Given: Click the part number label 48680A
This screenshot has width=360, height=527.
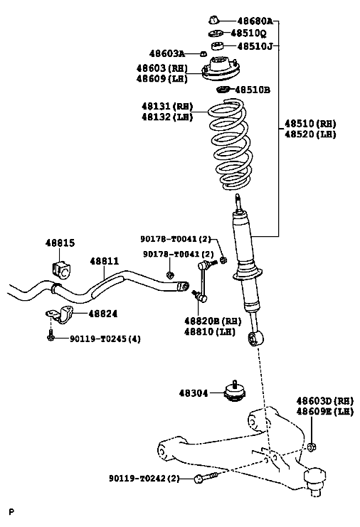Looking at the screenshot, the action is [255, 21].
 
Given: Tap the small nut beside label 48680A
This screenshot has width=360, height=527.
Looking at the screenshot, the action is [213, 20].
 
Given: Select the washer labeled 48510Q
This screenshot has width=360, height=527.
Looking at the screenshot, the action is [216, 33].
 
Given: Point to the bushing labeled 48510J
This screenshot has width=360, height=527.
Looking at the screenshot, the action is [218, 45].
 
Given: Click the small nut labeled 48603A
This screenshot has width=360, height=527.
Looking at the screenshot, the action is [203, 54].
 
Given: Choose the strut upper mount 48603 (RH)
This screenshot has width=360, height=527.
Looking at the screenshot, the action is [221, 69].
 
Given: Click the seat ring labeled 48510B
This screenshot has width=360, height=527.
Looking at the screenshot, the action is [223, 90].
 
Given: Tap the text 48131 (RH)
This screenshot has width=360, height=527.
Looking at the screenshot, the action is [167, 107].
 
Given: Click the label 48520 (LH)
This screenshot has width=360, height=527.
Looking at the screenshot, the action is [310, 134].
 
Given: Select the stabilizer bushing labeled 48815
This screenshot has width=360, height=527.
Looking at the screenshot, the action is [62, 268].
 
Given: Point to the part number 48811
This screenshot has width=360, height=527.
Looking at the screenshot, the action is [104, 261].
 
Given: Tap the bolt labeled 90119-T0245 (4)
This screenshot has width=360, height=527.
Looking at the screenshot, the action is [50, 336].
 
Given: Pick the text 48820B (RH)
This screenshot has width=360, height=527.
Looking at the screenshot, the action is [213, 321].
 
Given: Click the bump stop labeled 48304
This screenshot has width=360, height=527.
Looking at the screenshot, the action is [235, 392].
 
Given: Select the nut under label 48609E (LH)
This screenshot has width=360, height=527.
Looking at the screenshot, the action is [312, 447].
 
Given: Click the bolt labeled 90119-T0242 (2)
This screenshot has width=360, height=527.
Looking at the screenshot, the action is [206, 477].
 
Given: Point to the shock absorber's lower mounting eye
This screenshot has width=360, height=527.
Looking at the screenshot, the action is [256, 339].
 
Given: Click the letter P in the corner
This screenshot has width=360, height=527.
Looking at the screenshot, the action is [12, 512].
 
